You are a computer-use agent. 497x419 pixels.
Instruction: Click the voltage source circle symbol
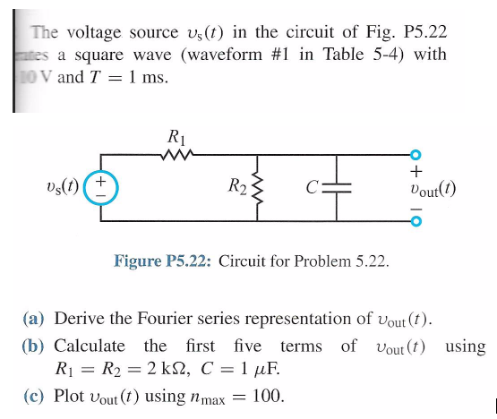pyautogui.click(x=101, y=186)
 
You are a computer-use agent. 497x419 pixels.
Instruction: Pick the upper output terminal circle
pyautogui.click(x=415, y=155)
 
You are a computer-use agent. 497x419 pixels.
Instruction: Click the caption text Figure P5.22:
pyautogui.click(x=163, y=261)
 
